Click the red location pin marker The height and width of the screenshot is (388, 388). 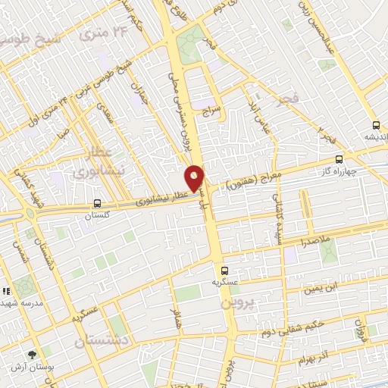click(x=195, y=177)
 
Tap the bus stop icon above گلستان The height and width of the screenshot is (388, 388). click(x=97, y=203)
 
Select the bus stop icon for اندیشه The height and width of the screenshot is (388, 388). click(x=376, y=126)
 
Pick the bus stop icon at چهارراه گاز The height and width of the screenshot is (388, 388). click(x=338, y=159)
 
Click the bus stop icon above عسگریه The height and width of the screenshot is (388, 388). click(x=224, y=270)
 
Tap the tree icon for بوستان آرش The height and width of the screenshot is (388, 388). click(x=32, y=355)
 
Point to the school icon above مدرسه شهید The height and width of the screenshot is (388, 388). click(x=7, y=291)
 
